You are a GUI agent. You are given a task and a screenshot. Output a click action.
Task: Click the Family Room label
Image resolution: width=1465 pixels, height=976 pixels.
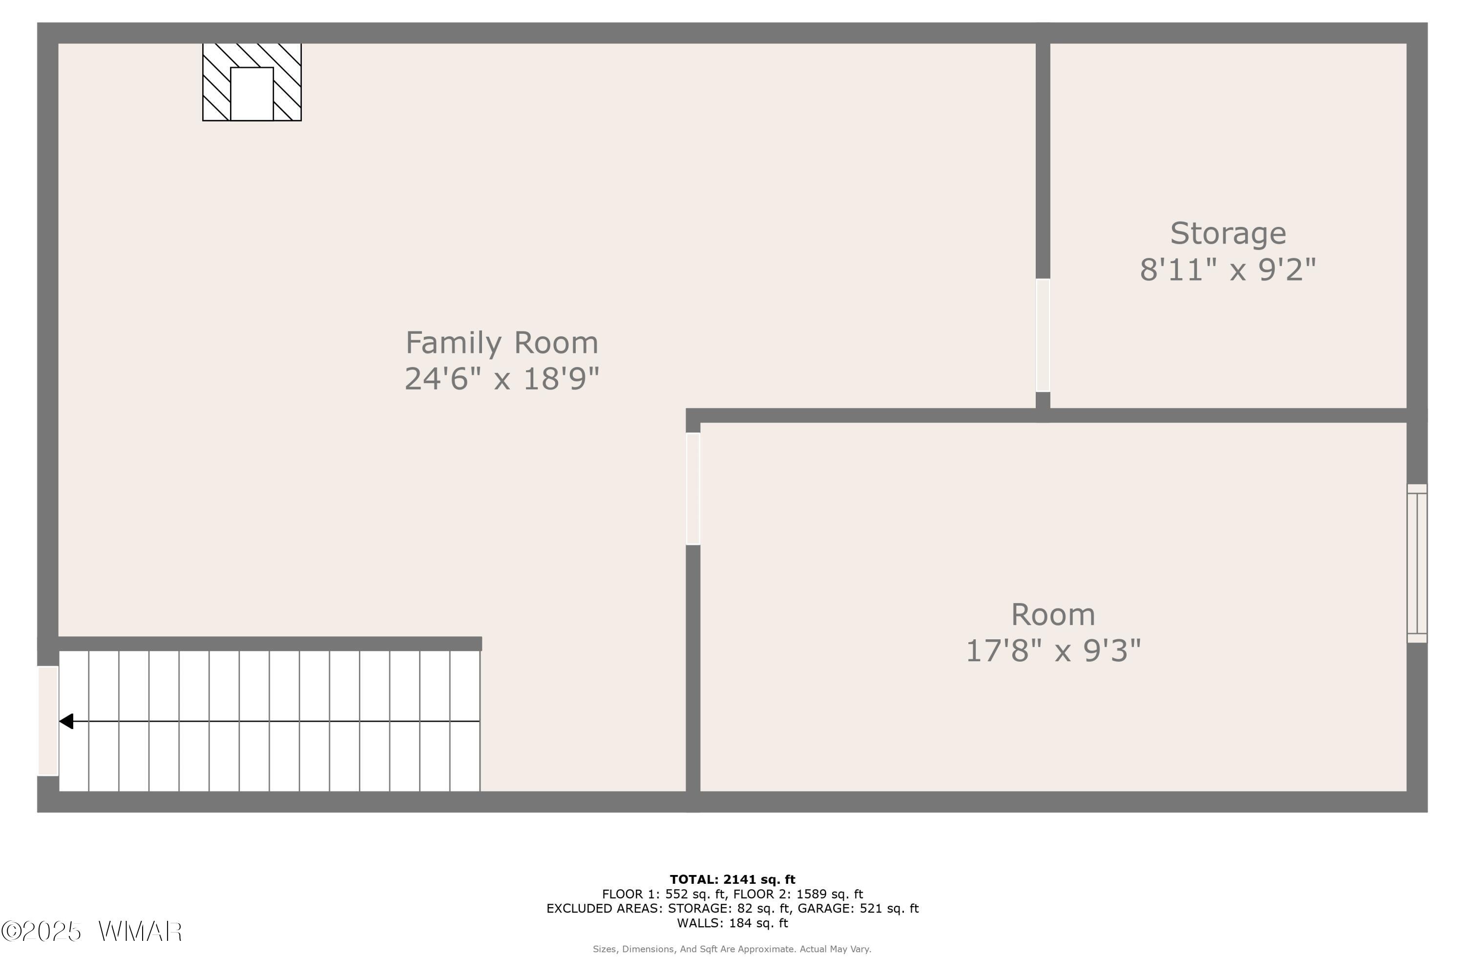(x=502, y=343)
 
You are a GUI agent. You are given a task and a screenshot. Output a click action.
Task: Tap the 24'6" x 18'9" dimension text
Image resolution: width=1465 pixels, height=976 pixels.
(x=502, y=379)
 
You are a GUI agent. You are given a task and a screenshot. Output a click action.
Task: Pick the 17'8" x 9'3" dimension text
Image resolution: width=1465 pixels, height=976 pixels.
(x=1053, y=651)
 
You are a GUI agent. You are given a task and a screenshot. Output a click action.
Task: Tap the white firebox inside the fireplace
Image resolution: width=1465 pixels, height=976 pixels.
(x=252, y=94)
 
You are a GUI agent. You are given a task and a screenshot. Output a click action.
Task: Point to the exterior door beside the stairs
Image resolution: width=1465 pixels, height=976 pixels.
(x=48, y=721)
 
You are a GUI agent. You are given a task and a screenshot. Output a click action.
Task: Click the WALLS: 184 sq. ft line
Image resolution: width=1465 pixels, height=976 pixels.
(x=732, y=923)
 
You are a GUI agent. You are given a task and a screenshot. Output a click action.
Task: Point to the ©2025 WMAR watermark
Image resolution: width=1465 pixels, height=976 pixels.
(x=92, y=932)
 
